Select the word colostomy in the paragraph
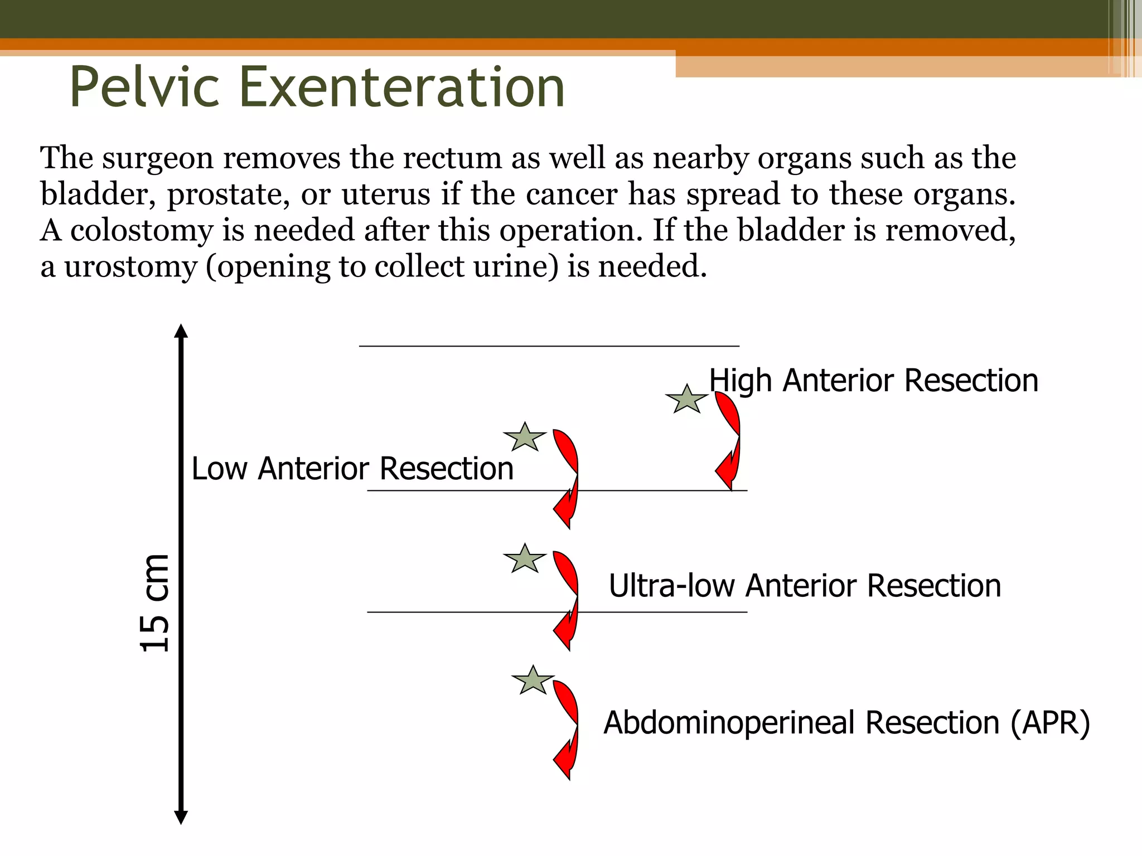[142, 231]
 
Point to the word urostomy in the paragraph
[130, 267]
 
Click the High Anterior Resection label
[873, 381]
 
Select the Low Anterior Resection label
[352, 469]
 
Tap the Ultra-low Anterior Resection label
[805, 586]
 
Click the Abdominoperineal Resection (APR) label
[846, 723]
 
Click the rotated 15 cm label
[154, 603]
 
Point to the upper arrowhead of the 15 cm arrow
[181, 331]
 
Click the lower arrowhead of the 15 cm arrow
[181, 818]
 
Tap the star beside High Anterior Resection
[686, 400]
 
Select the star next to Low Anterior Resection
[525, 438]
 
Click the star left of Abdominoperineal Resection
[533, 681]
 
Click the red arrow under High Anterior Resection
[729, 440]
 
